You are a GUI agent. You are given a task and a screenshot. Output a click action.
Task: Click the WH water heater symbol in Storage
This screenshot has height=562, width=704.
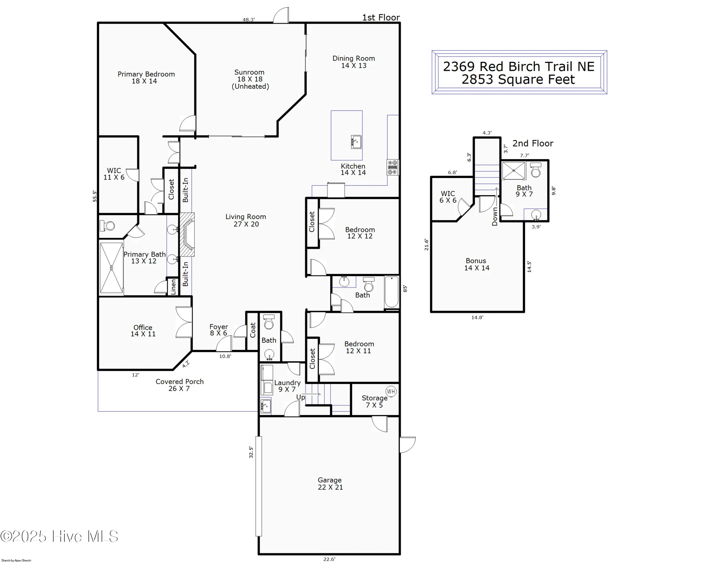(391, 392)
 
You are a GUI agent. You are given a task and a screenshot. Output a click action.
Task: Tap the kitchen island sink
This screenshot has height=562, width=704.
(356, 142)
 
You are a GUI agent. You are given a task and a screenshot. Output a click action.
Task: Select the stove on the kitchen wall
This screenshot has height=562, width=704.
(392, 167)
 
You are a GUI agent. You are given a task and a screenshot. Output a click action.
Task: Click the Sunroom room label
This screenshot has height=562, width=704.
(250, 79)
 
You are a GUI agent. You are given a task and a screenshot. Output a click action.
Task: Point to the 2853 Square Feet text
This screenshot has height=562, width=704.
(518, 79)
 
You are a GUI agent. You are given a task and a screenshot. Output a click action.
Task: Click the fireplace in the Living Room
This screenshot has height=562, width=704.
(187, 235)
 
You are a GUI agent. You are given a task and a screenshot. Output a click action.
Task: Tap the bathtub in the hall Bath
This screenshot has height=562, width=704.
(392, 292)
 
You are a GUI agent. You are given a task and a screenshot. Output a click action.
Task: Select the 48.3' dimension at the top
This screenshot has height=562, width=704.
(249, 19)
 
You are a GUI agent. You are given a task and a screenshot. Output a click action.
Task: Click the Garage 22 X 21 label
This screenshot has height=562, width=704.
(330, 483)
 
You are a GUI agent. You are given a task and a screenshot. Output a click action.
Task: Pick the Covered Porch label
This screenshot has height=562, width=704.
(179, 385)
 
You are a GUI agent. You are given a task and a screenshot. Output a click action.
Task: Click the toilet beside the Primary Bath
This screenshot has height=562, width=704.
(107, 226)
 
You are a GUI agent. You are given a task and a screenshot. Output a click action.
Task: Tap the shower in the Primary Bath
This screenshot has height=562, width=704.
(111, 268)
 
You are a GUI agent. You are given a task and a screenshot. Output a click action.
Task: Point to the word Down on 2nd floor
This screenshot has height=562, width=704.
(495, 216)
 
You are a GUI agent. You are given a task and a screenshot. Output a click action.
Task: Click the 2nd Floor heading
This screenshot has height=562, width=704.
(532, 143)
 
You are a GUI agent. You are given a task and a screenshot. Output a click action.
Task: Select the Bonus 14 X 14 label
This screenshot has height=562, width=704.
(476, 264)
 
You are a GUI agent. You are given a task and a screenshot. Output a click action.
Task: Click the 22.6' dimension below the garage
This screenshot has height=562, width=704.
(329, 559)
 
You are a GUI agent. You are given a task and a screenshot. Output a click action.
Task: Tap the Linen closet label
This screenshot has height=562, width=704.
(173, 287)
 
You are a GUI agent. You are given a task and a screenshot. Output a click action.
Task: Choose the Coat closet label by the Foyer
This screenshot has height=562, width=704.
(253, 330)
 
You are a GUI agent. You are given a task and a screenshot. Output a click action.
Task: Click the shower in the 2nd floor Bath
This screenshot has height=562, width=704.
(514, 171)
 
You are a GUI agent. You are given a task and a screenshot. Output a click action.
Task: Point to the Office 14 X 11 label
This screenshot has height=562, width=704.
(143, 330)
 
